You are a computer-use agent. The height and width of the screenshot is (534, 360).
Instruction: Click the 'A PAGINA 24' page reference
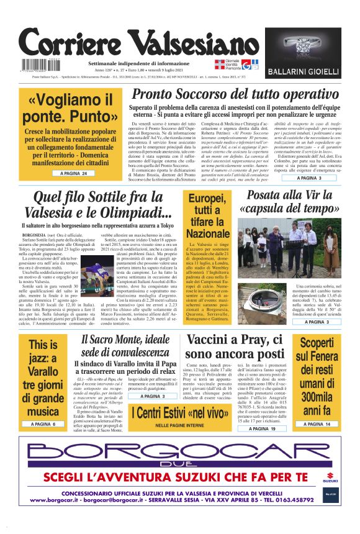[x=73, y=173]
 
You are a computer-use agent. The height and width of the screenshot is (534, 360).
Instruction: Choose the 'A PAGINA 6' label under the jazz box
[x=42, y=424]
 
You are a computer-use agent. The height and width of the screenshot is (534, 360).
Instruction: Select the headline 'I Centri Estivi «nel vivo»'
[x=179, y=412]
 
